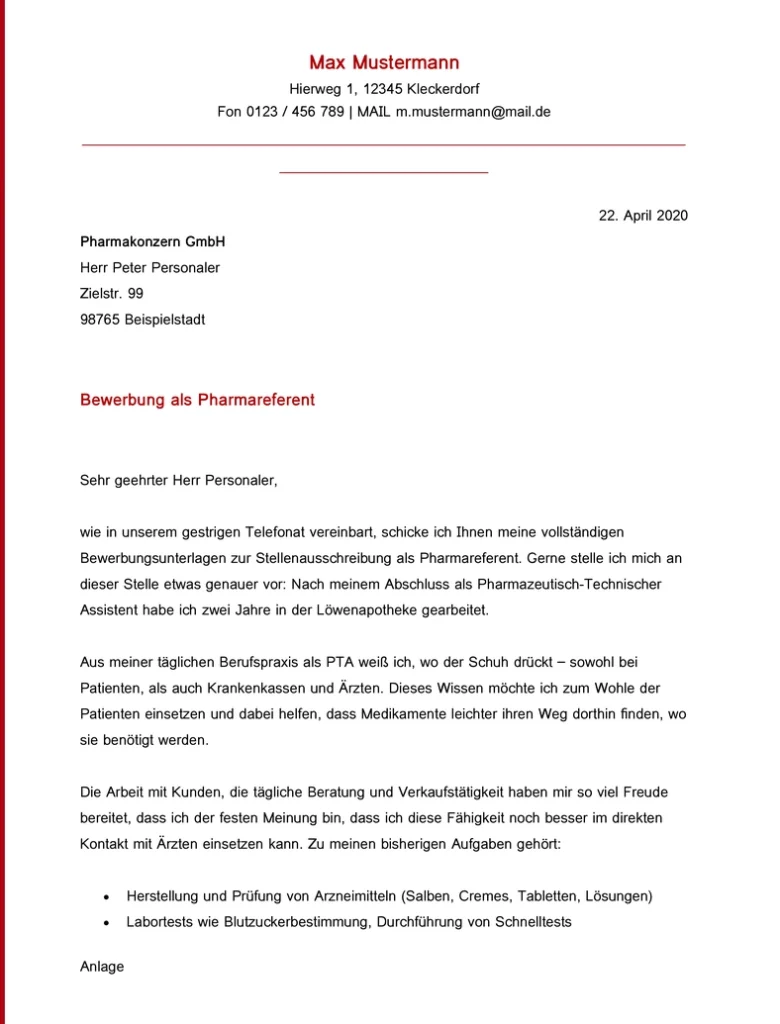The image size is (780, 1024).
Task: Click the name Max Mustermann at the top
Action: tap(384, 63)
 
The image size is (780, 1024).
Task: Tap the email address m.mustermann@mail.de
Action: tap(473, 112)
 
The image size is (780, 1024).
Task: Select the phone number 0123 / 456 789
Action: tap(295, 112)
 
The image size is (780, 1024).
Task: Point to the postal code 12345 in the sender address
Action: tap(382, 89)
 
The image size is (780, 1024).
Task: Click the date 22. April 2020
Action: tap(643, 215)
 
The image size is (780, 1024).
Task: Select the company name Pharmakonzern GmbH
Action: tap(152, 242)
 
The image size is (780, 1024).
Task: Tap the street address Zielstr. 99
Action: tap(111, 294)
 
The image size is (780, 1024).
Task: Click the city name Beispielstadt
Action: tap(165, 320)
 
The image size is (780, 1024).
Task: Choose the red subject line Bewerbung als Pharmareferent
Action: tap(197, 400)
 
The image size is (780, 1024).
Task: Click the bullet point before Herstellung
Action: tap(106, 896)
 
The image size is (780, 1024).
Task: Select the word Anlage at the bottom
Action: tap(101, 967)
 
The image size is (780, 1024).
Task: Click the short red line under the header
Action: tap(383, 173)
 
